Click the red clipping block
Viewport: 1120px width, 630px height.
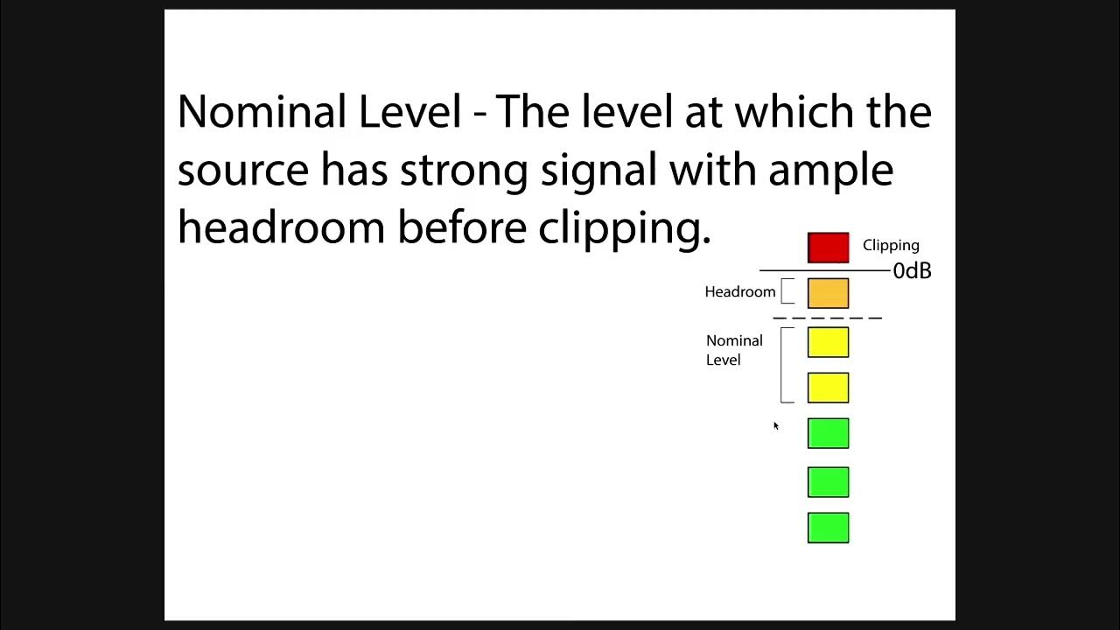pos(828,248)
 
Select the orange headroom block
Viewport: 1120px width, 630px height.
pos(828,293)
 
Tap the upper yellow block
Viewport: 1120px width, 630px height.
pos(828,342)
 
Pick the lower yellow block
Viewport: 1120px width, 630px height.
pos(828,388)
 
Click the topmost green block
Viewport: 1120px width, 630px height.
pos(828,433)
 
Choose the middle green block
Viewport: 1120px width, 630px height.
pos(828,482)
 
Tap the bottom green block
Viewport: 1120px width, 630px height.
pos(828,528)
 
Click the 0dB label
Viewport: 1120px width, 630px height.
pos(912,271)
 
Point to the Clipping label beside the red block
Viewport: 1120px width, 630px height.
pos(891,246)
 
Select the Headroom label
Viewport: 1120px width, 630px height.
pos(739,292)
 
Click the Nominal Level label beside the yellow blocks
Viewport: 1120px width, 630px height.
pos(734,350)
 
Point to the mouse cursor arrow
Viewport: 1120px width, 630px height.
pos(775,426)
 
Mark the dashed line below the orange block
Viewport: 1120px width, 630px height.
pos(827,318)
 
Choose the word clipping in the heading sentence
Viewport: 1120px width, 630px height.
pos(624,227)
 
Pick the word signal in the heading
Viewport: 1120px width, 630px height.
pos(598,170)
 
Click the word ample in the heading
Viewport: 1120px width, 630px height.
pos(830,170)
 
